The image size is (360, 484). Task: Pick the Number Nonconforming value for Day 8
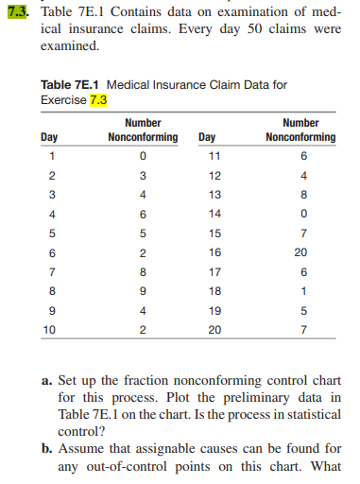(142, 291)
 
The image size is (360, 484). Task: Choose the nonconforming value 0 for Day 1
(142, 155)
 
